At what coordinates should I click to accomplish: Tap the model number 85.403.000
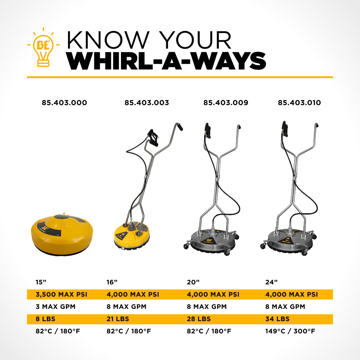(64, 103)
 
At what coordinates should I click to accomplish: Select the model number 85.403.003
(147, 103)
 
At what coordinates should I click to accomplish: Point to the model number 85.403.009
(226, 103)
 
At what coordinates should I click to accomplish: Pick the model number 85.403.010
(299, 103)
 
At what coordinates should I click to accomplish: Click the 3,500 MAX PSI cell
(62, 294)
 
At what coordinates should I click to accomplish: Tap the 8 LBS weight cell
(45, 319)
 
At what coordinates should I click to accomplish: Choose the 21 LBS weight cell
(118, 319)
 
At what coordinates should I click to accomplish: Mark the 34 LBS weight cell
(277, 319)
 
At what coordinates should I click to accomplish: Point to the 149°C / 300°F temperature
(290, 331)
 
